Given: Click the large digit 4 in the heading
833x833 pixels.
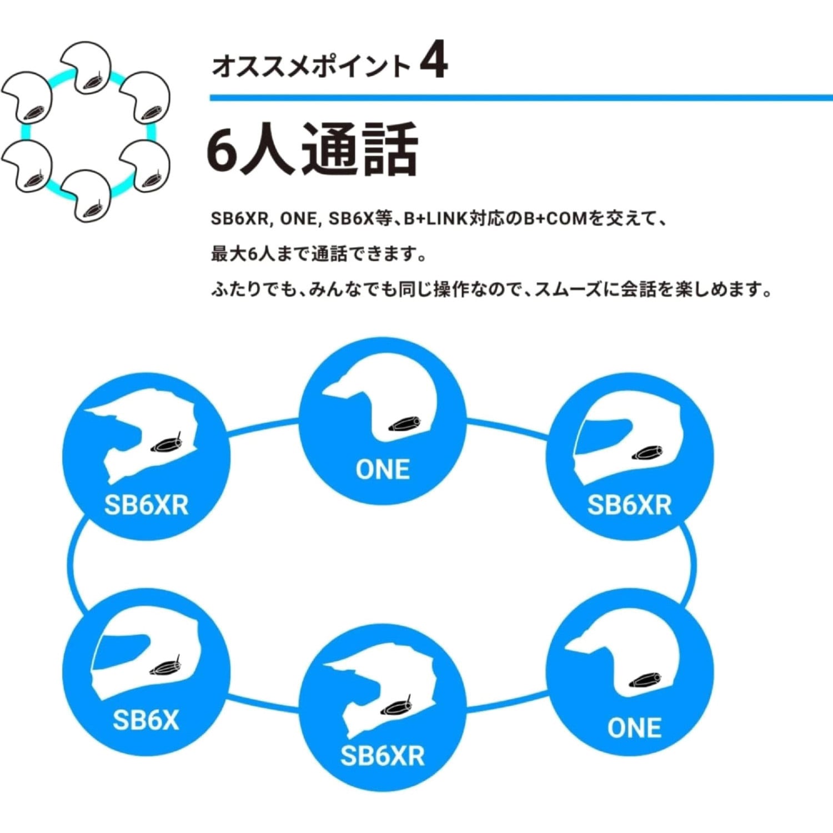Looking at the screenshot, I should [433, 62].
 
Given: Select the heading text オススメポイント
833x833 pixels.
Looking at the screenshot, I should [310, 67].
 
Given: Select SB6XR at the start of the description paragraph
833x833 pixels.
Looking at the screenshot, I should [239, 219].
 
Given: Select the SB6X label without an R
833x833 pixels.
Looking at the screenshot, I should [146, 720].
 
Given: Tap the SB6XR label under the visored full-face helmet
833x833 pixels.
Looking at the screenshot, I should [629, 505].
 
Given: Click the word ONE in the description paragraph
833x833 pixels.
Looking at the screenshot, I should [298, 219].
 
